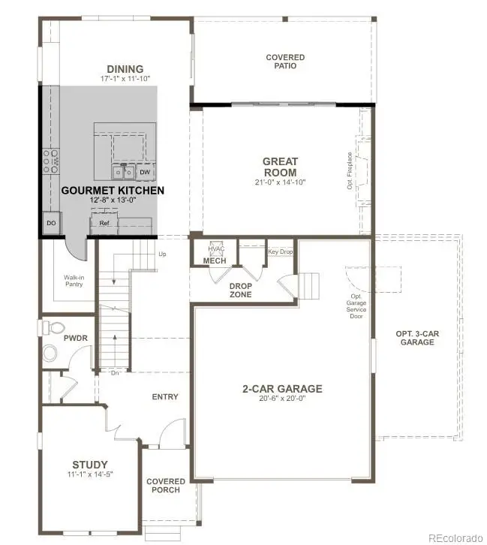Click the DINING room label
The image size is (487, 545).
125,69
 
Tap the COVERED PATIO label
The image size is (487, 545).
281,62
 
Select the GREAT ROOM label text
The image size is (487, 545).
280,167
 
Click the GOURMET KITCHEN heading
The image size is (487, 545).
113,191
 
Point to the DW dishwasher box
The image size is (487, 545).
145,172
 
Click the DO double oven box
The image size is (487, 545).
51,224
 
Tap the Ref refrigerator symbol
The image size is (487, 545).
104,223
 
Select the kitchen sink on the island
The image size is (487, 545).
124,172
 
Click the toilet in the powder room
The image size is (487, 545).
53,328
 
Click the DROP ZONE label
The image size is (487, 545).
241,290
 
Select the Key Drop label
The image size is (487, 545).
281,251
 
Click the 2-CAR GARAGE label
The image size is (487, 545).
281,388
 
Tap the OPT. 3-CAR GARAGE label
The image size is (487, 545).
416,337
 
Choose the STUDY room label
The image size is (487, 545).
90,464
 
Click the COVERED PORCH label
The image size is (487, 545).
165,486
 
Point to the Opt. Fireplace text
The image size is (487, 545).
350,171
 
